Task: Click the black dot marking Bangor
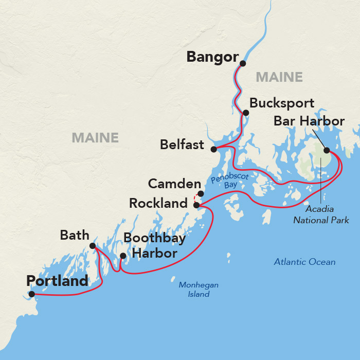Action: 243,64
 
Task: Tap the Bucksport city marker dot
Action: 246,113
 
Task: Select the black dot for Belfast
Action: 213,149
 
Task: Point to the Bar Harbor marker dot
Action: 326,151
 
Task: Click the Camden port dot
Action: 201,194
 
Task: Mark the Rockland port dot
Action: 196,205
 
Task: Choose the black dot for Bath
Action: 93,246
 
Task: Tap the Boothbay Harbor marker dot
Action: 122,256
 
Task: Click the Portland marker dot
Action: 32,294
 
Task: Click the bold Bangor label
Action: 213,57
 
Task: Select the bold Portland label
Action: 57,281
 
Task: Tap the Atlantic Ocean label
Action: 304,262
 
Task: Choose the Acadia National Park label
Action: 321,215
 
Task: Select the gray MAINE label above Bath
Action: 95,138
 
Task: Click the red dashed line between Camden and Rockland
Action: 194,199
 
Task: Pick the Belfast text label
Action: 182,145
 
